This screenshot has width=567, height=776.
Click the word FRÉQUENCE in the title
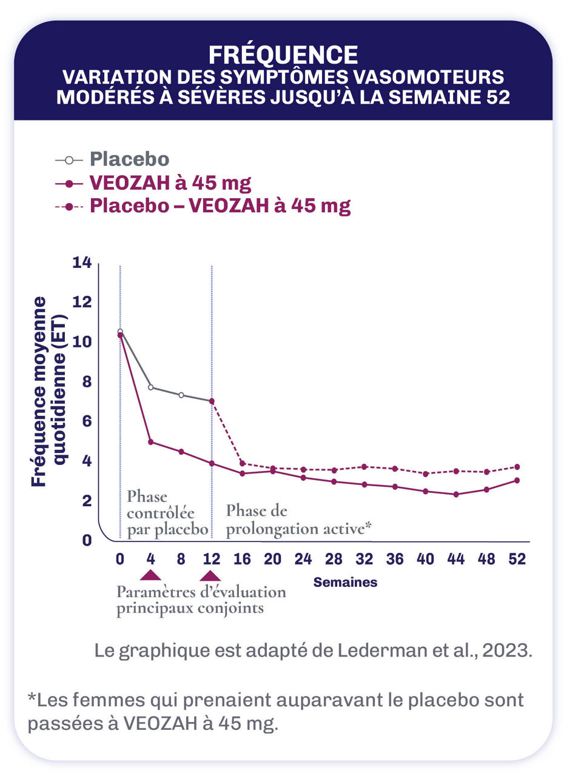tap(283, 55)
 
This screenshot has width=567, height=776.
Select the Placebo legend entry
tap(129, 159)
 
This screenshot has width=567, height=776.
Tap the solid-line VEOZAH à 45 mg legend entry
tap(170, 182)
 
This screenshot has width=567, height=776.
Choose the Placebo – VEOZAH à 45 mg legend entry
tap(220, 206)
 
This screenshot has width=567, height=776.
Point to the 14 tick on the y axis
tap(81, 263)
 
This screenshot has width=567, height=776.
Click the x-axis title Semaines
tap(345, 583)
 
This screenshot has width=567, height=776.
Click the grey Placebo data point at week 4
tap(150, 387)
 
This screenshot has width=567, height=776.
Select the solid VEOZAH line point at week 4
tap(150, 442)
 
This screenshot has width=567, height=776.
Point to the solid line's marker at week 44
tap(455, 494)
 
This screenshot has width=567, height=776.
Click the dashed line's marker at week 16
tap(242, 463)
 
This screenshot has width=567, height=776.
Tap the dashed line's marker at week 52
tap(517, 467)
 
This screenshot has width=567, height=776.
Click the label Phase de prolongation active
tap(298, 520)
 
